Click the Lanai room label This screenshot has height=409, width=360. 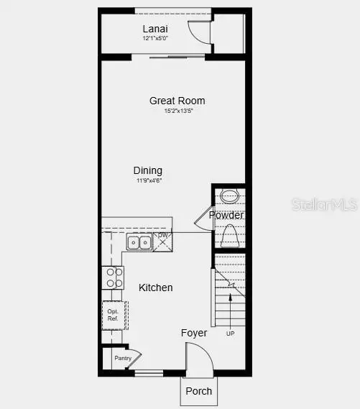coord(155,29)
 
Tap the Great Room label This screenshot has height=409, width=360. coord(177,101)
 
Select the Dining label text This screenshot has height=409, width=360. coord(148,170)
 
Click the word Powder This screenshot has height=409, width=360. coord(226,215)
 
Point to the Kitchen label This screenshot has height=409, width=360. coord(156,288)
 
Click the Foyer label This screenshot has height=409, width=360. coord(194,333)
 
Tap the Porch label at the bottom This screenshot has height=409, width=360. coord(199,391)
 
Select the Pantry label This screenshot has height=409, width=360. coord(123,358)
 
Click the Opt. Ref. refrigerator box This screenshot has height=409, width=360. coord(114,315)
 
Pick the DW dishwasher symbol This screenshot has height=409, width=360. coord(163,242)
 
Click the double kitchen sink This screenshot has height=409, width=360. coord(139,243)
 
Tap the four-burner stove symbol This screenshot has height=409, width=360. coord(114,277)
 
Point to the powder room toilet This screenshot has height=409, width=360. coord(229,236)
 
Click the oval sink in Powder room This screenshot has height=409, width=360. coord(229,196)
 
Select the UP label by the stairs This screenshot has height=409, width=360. coord(230,334)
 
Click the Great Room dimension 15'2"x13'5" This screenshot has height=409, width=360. coord(179,111)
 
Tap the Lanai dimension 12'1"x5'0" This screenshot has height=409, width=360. coord(155,38)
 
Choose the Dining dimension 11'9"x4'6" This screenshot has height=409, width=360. coord(149,181)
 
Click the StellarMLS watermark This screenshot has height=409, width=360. coord(324,205)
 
